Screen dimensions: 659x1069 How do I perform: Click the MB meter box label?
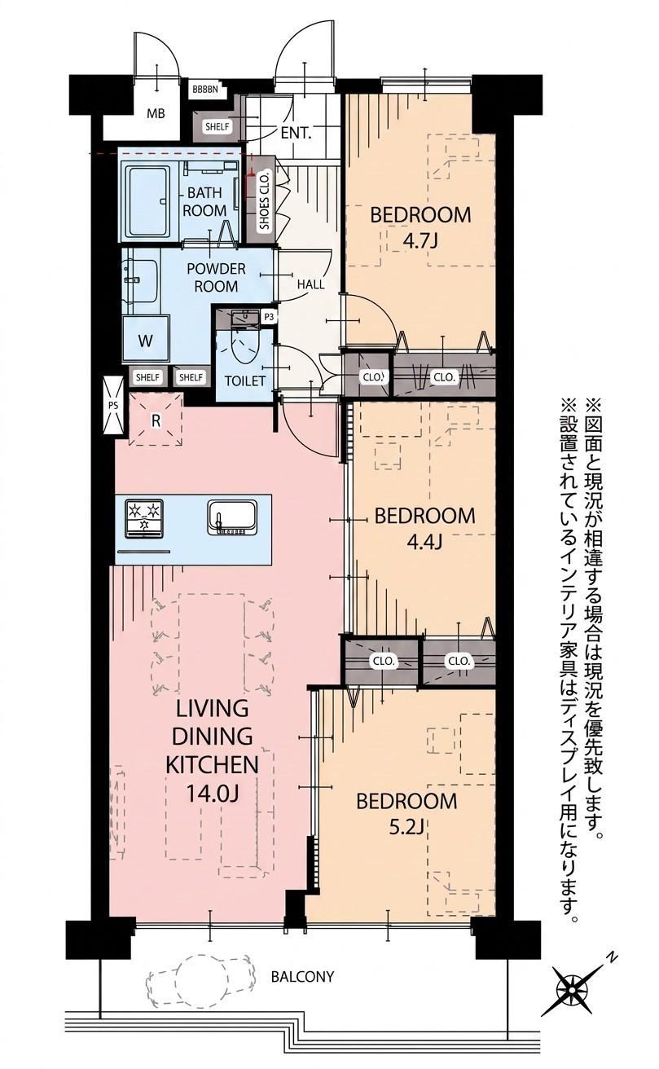[156, 113]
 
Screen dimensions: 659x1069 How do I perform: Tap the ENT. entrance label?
[296, 133]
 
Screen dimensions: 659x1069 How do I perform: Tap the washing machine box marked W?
[146, 341]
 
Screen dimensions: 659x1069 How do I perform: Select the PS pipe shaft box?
[113, 405]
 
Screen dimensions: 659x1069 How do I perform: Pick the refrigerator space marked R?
[156, 420]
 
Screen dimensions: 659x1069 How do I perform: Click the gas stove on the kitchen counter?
[143, 518]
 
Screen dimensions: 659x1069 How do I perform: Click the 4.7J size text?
[420, 242]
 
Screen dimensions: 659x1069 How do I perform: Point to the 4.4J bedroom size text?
[424, 542]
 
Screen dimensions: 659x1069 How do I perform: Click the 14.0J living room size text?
[212, 794]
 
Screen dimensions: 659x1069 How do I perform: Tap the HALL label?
[310, 285]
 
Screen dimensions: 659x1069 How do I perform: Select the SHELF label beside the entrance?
[217, 127]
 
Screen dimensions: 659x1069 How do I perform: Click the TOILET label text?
[245, 381]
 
